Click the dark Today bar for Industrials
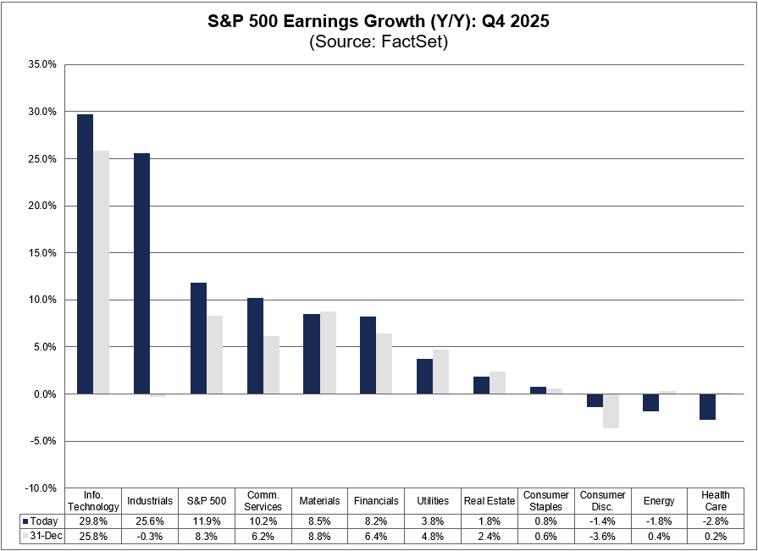coord(141,273)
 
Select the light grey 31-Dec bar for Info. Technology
coord(101,272)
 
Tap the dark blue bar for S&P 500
coord(198,338)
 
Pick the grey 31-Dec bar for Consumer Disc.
coord(611,410)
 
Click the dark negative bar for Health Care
coord(708,407)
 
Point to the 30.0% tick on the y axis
coord(43,112)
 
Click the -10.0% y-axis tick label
coord(41,488)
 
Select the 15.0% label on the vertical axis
coord(43,253)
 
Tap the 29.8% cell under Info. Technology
coord(94,521)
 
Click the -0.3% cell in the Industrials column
coord(150,537)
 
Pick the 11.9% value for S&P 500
coord(207,521)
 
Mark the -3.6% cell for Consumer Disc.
coord(602,537)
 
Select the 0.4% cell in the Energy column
coord(659,537)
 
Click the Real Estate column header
coord(490,501)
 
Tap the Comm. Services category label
coord(263,501)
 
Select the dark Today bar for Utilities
coord(424,377)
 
